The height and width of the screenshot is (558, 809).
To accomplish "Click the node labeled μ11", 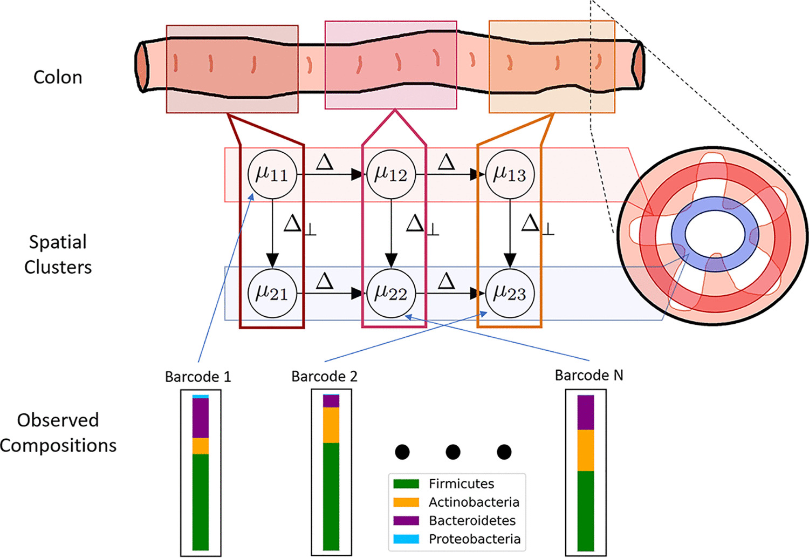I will pyautogui.click(x=272, y=174).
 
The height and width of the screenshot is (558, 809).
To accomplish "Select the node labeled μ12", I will pyautogui.click(x=391, y=174).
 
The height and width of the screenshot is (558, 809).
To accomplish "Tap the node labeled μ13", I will pyautogui.click(x=510, y=174).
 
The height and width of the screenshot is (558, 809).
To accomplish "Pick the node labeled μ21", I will pyautogui.click(x=272, y=293).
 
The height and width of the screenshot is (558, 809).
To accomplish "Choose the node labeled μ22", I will pyautogui.click(x=391, y=293).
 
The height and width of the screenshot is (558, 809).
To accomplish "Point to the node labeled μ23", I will pyautogui.click(x=510, y=293).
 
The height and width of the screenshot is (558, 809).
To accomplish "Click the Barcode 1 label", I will pyautogui.click(x=198, y=377).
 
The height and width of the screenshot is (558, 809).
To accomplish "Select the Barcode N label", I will pyautogui.click(x=589, y=375).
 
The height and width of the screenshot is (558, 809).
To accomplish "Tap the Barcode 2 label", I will pyautogui.click(x=324, y=376).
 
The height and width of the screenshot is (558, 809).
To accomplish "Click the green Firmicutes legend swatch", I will pyautogui.click(x=406, y=484).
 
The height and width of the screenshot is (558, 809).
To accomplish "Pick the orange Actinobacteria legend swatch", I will pyautogui.click(x=406, y=502).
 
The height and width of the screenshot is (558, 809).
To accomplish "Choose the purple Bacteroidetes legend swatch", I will pyautogui.click(x=406, y=520).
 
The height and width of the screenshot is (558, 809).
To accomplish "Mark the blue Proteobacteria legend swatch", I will pyautogui.click(x=406, y=539).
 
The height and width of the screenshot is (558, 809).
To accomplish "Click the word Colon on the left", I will pyautogui.click(x=58, y=77).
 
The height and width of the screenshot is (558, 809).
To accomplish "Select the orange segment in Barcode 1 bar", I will pyautogui.click(x=201, y=446).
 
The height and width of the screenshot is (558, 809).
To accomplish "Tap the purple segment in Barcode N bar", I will pyautogui.click(x=586, y=412).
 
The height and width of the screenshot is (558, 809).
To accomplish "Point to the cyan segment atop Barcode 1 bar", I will pyautogui.click(x=201, y=397).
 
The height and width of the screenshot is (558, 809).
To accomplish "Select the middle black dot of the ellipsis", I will pyautogui.click(x=453, y=452).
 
